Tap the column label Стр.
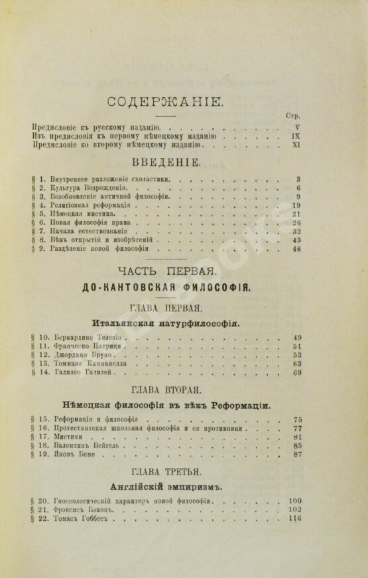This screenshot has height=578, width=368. tap(292, 115)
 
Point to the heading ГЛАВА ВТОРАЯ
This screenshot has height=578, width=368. tap(166, 389)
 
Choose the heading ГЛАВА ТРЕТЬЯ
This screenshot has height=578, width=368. tap(166, 472)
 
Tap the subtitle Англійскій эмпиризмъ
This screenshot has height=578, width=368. tap(166, 486)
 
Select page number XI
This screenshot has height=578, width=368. tap(296, 144)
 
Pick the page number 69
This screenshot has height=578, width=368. tap(297, 373)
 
